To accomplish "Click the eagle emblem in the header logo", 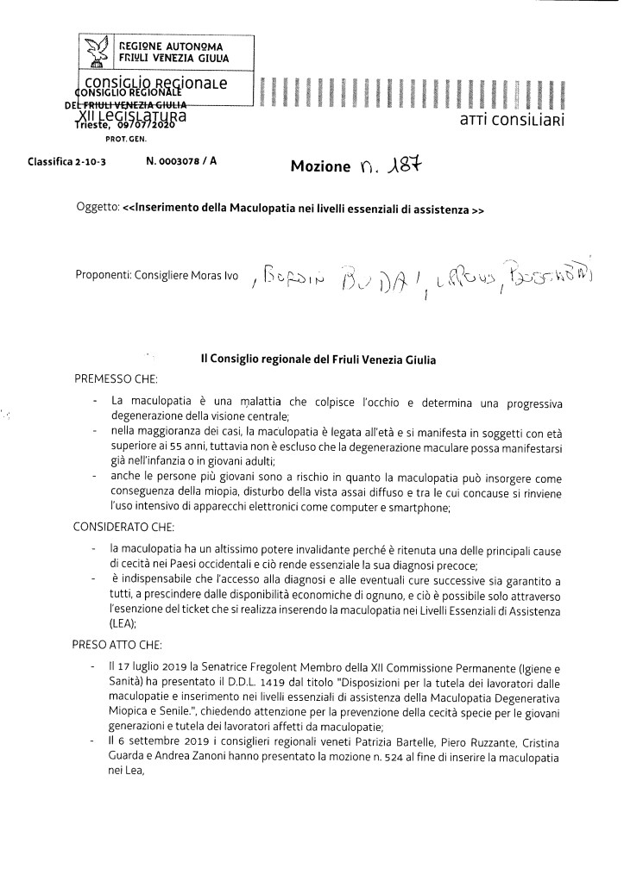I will pos(97,53).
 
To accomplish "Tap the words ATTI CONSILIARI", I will pos(514,122).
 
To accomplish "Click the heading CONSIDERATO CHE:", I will pos(127,524).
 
